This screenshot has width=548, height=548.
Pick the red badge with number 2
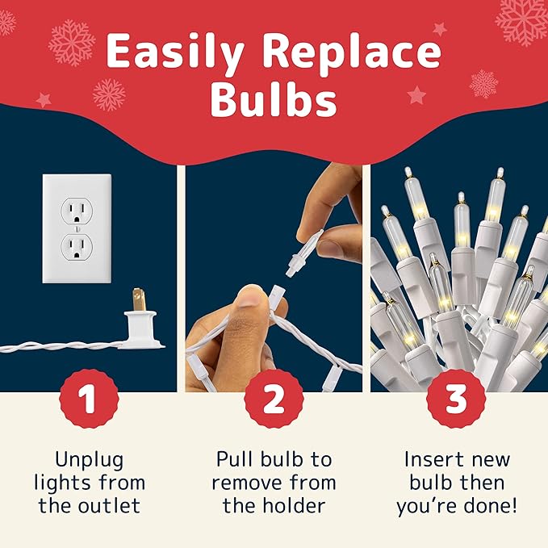click(x=274, y=399)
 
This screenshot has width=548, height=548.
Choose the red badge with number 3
click(x=456, y=399)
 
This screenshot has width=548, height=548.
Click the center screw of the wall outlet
click(x=77, y=228)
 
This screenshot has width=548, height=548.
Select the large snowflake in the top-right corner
click(x=522, y=18)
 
